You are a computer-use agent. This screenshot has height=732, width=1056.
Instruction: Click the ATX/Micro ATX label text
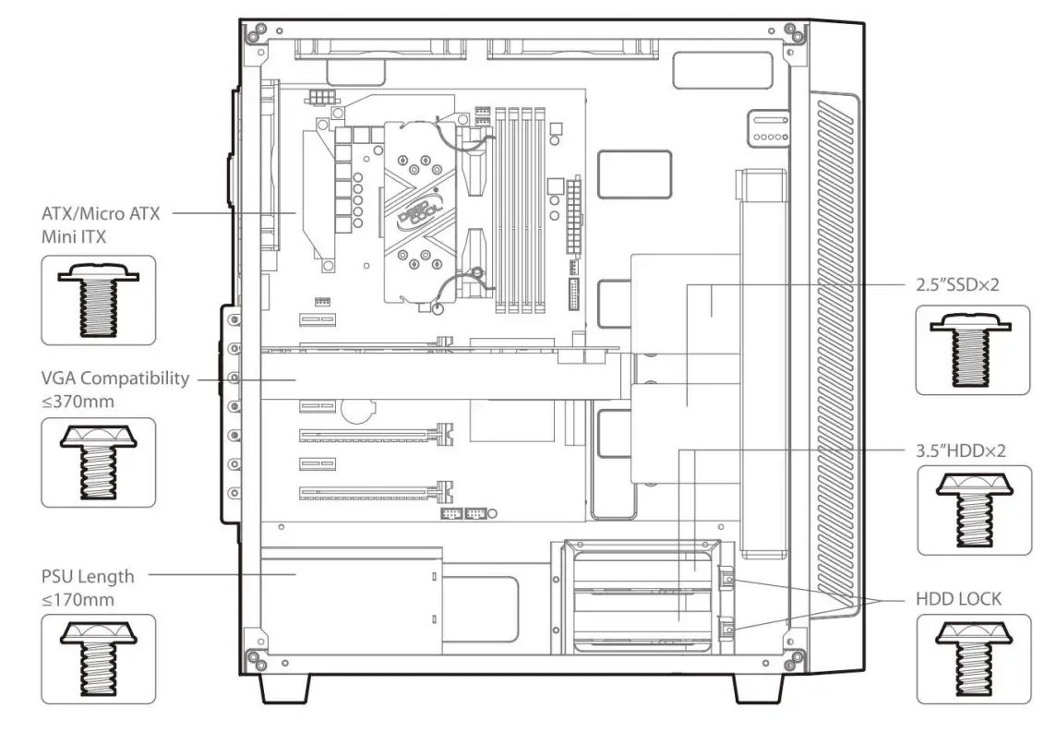[x=101, y=213]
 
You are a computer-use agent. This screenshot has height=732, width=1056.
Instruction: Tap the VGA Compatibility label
[x=115, y=378]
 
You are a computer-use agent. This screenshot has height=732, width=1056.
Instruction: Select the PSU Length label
[x=88, y=577]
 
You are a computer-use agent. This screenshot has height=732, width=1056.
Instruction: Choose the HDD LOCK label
[x=958, y=599]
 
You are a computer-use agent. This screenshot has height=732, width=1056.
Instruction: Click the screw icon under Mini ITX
[x=99, y=300]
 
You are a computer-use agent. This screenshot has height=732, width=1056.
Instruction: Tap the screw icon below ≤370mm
[x=99, y=462]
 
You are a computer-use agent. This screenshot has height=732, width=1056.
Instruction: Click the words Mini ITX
[x=73, y=236]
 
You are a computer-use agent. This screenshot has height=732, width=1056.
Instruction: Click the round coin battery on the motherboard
[x=356, y=409]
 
